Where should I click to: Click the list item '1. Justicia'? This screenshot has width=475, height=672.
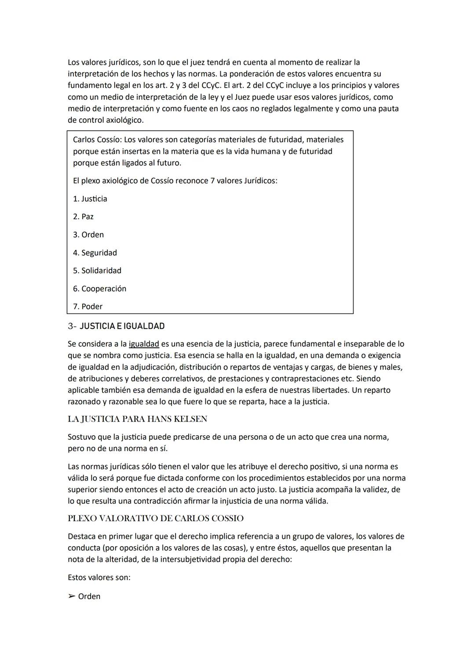coord(90,199)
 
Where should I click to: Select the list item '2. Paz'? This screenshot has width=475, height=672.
coord(83,217)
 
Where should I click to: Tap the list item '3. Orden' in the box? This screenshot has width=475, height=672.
coord(88,235)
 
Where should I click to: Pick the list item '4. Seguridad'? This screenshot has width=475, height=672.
coord(95,253)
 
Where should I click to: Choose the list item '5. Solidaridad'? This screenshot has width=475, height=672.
coord(97,271)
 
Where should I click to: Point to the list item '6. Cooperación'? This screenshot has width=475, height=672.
coord(99,289)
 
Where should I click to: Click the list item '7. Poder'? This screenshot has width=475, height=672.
coord(88,307)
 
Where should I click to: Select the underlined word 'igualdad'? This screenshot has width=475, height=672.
coord(144,344)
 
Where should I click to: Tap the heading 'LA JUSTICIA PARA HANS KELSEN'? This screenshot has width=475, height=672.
coord(137,419)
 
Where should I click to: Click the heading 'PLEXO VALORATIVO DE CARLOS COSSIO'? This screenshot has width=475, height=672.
coord(156,518)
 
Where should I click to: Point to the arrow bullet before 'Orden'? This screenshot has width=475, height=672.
coord(72,597)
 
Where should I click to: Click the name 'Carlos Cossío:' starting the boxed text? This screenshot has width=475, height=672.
coord(97,140)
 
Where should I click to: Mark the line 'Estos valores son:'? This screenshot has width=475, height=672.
coord(99,577)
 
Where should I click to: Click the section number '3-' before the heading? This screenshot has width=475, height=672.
coord(72,326)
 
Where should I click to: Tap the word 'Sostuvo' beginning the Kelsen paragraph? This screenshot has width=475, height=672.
coord(82,437)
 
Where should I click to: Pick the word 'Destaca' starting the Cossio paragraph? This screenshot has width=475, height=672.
coord(82,536)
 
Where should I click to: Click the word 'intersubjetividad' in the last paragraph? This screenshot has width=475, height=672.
coord(192,560)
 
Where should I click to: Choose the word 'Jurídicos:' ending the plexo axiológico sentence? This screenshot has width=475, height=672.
coord(260,181)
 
